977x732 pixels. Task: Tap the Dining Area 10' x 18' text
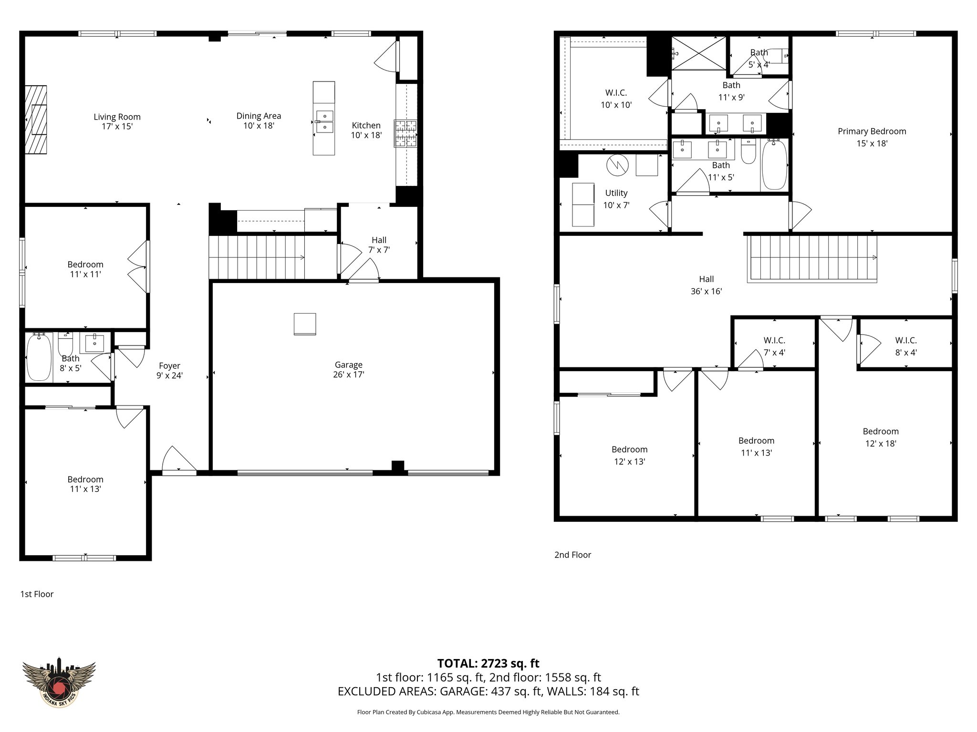[x=259, y=121]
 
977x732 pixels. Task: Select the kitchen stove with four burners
[x=405, y=133]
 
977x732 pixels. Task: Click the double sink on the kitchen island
[x=324, y=121]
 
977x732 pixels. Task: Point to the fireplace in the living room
[x=36, y=120]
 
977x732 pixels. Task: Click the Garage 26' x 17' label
[x=348, y=370]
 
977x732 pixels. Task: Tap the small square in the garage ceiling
[x=305, y=324]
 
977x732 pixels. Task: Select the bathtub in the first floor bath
[x=39, y=357]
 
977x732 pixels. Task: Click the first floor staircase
[x=257, y=258]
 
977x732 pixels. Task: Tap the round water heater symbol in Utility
[x=617, y=165]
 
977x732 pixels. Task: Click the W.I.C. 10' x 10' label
[x=616, y=99]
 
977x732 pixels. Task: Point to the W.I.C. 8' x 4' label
[x=905, y=346]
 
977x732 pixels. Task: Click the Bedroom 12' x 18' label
[x=880, y=437]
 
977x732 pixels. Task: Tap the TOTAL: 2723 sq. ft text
[x=488, y=663]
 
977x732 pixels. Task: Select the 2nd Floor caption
[x=572, y=555]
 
